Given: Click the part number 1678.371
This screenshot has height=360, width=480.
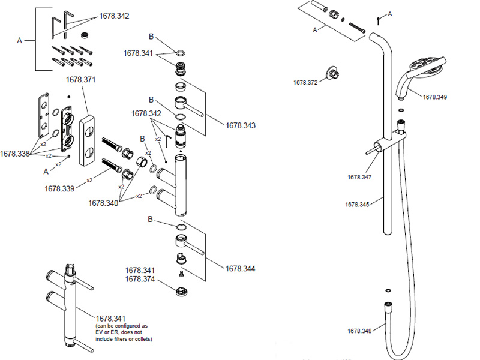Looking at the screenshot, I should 80,79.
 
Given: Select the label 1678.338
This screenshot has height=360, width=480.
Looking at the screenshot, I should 15,154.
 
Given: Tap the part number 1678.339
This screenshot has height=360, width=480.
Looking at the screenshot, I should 59,188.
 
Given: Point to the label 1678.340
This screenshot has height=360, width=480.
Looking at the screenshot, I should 103,203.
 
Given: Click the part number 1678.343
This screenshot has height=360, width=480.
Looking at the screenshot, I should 241,125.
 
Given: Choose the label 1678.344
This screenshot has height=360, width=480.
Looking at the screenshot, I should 241,268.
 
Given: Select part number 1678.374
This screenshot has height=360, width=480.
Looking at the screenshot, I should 140,279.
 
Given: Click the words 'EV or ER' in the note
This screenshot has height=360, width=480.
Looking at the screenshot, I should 110,332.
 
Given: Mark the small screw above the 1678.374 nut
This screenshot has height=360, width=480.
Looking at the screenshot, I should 180,273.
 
